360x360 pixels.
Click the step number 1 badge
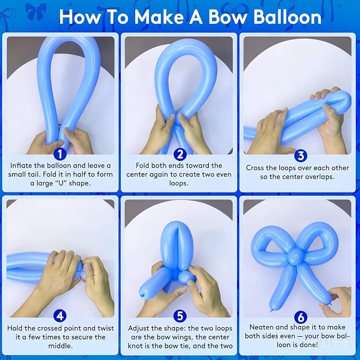tap(60, 154)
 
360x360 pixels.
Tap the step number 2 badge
tap(180, 154)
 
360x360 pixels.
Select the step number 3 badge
tap(301, 155)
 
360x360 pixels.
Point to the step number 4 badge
tap(60, 317)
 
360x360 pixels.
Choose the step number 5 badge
tap(180, 317)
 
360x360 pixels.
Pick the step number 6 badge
tap(301, 317)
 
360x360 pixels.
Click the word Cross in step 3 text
tap(254, 168)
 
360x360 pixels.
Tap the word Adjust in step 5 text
tap(139, 329)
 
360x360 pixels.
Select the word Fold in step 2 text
tap(142, 165)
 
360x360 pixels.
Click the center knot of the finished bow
tap(295, 257)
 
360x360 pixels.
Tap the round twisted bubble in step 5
tap(186, 277)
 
